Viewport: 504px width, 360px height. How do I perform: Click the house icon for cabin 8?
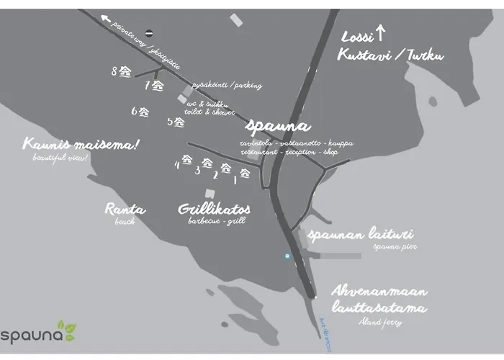point(125,71)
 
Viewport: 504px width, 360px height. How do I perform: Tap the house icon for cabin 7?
point(158,86)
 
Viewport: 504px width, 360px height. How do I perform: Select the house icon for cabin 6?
point(144,112)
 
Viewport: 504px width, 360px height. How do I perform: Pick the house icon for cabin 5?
point(179,122)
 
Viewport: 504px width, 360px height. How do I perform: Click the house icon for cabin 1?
point(245,173)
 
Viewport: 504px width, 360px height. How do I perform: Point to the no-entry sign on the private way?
point(149,32)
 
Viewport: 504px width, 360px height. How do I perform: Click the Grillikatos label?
point(214,210)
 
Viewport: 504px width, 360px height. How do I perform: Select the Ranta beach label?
point(125,210)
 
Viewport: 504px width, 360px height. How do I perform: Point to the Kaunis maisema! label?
point(80,145)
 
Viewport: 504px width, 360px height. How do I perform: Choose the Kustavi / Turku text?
point(391,55)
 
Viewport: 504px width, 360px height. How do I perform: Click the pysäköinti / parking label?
point(226,86)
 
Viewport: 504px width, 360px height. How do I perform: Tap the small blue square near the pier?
point(287,256)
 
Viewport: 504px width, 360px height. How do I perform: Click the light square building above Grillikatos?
point(210,193)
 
